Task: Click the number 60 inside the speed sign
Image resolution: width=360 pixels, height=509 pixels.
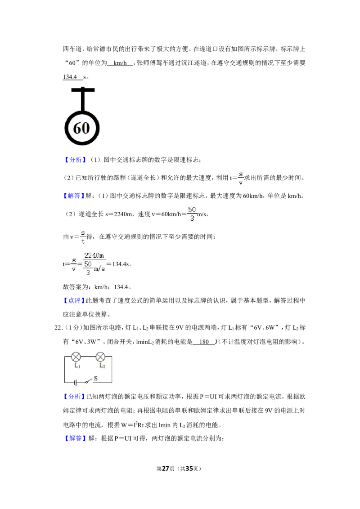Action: pos(81,128)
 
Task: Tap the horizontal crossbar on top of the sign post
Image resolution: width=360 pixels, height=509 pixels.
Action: pos(83,90)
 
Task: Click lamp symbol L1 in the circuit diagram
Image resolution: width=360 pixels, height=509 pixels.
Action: pos(76,357)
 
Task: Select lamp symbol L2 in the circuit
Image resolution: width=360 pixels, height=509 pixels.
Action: pos(100,357)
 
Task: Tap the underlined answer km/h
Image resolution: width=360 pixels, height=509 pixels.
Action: pos(120,63)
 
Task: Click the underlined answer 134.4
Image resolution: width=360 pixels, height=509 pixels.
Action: pos(70,77)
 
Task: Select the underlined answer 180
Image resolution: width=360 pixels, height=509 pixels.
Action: pos(204,342)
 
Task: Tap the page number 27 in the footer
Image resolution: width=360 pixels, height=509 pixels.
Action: pos(166,469)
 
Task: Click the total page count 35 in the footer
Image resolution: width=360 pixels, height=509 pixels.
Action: pos(189,469)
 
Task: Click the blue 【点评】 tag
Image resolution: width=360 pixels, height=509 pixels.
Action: pos(74,301)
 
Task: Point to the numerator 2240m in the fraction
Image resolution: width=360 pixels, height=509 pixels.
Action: pos(94,255)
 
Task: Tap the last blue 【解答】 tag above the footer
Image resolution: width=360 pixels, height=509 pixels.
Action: pos(75,438)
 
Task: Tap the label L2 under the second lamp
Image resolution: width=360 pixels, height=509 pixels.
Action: pos(102,366)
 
